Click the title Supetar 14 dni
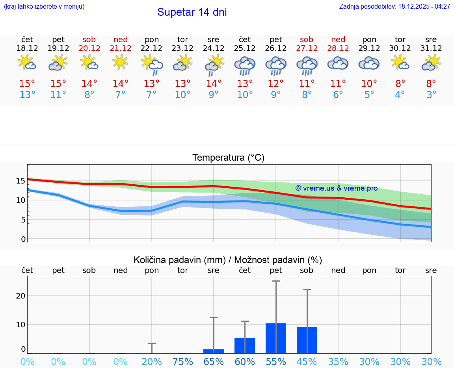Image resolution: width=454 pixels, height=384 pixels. [x=192, y=12]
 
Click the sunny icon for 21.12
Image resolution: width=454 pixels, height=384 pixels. [x=121, y=62]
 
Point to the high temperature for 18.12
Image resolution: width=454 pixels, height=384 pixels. [x=27, y=83]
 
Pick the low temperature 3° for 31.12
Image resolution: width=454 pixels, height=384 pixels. [x=431, y=95]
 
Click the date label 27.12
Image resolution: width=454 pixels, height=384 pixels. [x=307, y=48]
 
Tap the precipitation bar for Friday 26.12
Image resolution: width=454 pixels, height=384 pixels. [x=276, y=338]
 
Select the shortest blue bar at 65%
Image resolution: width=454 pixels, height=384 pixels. [x=214, y=351]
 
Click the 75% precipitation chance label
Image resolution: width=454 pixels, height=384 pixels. [x=183, y=362]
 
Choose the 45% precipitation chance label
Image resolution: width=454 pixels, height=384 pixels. [x=307, y=362]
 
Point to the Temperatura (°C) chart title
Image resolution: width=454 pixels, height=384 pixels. [x=228, y=158]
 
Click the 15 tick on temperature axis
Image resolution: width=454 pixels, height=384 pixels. [x=20, y=181]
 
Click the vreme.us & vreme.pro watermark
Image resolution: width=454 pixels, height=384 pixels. [x=336, y=188]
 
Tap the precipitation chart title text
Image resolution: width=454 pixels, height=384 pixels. [x=228, y=260]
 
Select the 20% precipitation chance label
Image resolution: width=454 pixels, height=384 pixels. [x=152, y=362]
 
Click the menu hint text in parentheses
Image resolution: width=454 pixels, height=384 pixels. [x=44, y=7]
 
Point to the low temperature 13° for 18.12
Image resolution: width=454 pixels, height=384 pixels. [x=27, y=95]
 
